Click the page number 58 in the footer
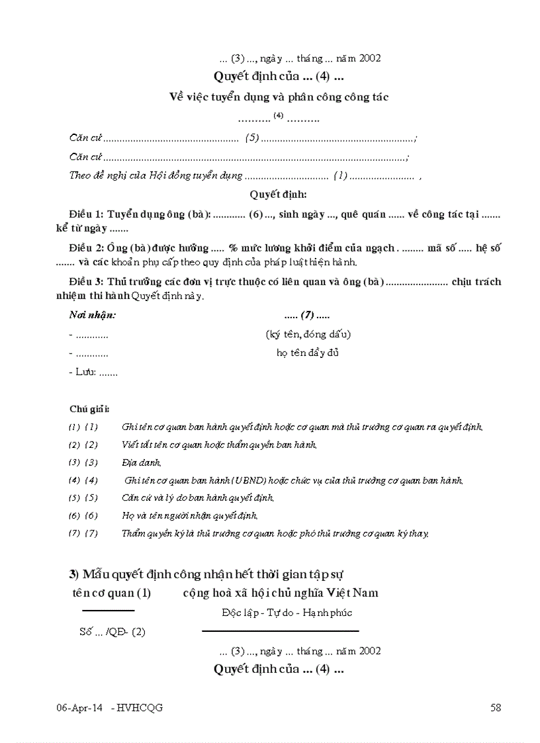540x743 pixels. click(x=496, y=708)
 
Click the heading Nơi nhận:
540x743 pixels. click(x=93, y=315)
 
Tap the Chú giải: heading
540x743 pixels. click(x=89, y=409)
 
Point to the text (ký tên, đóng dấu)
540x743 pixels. click(x=308, y=334)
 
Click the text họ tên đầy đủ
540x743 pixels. click(x=308, y=353)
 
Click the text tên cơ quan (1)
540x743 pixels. click(x=112, y=593)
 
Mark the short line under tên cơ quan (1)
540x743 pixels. click(x=108, y=610)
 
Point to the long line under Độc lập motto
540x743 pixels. click(x=280, y=631)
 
